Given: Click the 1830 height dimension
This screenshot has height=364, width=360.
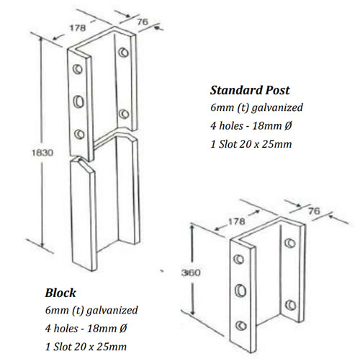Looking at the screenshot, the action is (x=42, y=153).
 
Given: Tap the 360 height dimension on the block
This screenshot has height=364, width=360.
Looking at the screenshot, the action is (x=191, y=272).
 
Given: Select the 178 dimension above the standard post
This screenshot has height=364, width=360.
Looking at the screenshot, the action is (x=78, y=28).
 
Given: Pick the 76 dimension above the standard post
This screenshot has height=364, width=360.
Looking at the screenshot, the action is (x=143, y=22).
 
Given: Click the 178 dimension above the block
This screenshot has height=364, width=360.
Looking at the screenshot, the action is (x=236, y=221).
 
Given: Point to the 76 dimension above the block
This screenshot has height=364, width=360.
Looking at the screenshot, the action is (x=314, y=211).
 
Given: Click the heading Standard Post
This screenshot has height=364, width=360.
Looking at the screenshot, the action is (x=250, y=90).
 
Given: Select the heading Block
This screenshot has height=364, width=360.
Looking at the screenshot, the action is (x=60, y=293).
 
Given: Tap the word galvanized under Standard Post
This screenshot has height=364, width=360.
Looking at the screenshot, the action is (x=277, y=108).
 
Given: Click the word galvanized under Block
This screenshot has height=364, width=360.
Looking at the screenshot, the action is (x=112, y=311).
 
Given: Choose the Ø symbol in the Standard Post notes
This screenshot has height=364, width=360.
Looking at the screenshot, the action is (x=288, y=125).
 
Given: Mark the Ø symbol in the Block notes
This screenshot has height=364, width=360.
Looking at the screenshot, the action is (x=123, y=328).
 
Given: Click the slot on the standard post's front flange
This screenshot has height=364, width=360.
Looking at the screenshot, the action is (x=78, y=101).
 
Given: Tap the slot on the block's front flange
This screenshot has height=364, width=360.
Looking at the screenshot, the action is (x=240, y=290).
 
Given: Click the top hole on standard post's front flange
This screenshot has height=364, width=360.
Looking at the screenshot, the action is (x=78, y=69).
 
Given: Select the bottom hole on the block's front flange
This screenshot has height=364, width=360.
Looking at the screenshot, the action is (x=241, y=326).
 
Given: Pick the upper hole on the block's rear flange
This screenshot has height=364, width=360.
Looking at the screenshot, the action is (x=290, y=243).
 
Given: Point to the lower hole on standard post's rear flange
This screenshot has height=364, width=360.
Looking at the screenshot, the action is (x=124, y=114).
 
